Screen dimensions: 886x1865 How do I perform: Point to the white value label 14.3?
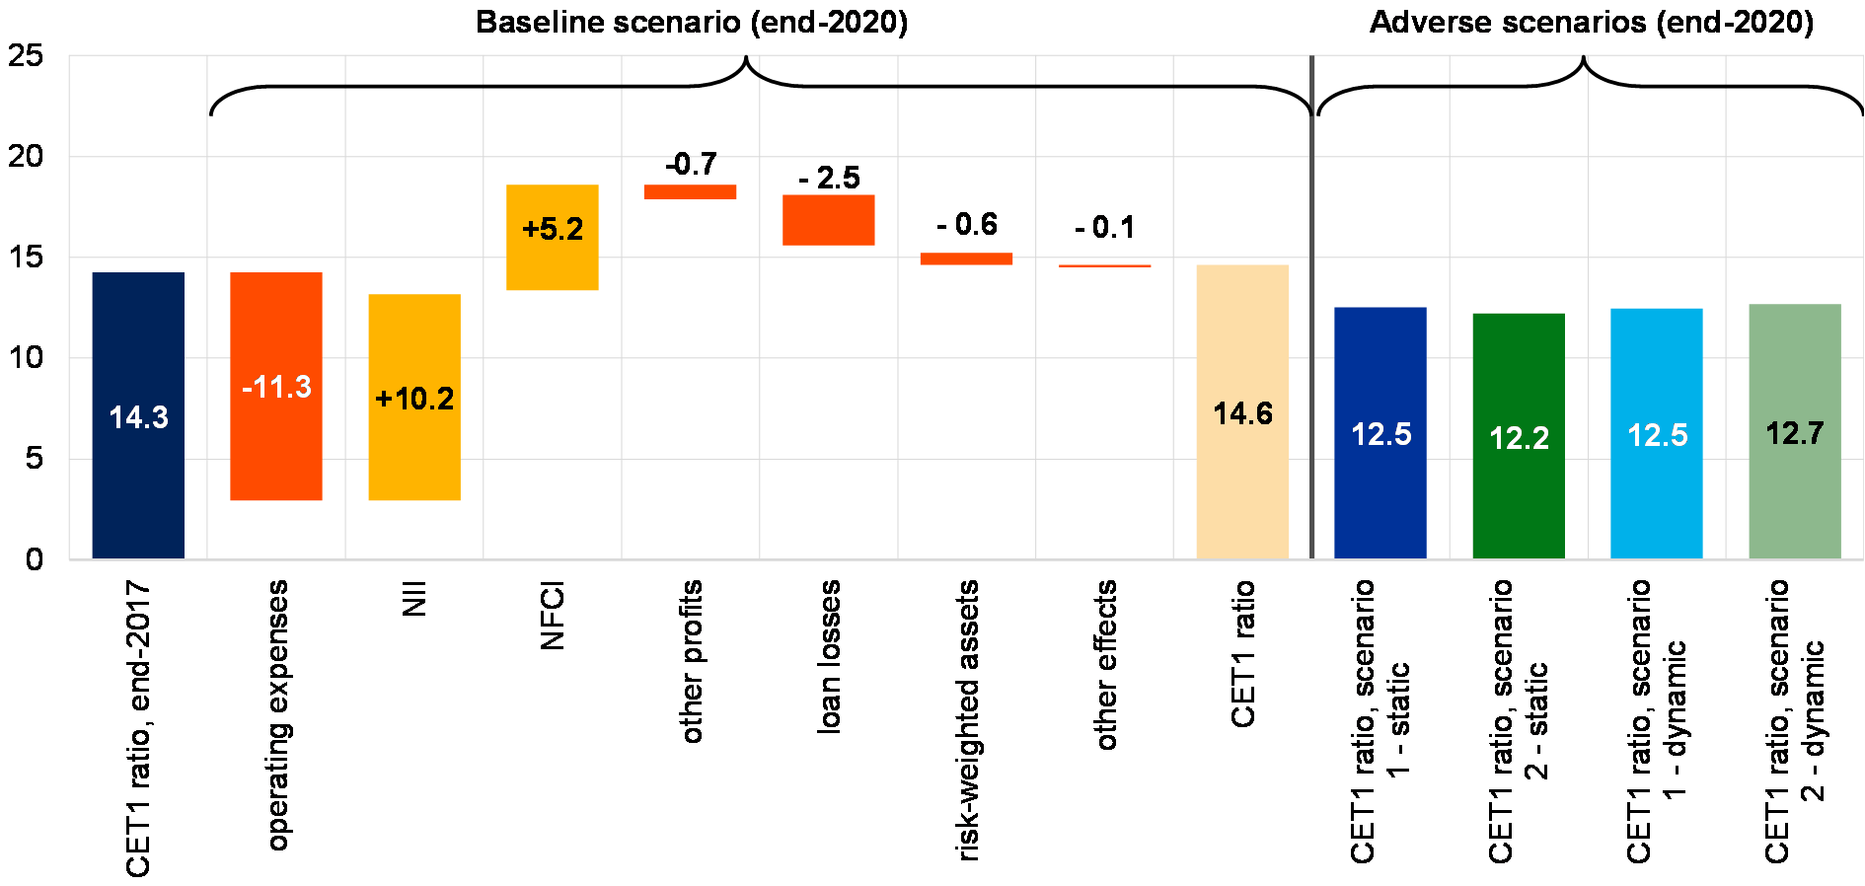pyautogui.click(x=138, y=417)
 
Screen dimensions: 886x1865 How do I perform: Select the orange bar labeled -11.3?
pyautogui.click(x=276, y=454)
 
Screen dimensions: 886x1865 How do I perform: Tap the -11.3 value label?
pyautogui.click(x=276, y=387)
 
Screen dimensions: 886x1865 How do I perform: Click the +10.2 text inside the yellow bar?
pyautogui.click(x=414, y=399)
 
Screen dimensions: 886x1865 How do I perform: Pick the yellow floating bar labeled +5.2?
pyautogui.click(x=553, y=266)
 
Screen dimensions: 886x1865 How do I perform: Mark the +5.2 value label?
pyautogui.click(x=553, y=229)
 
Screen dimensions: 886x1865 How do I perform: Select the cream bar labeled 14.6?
pyautogui.click(x=1242, y=493)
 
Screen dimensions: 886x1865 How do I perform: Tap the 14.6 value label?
pyautogui.click(x=1242, y=413)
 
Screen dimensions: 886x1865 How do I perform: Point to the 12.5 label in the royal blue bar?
pyautogui.click(x=1380, y=434)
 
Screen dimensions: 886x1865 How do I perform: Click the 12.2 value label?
pyautogui.click(x=1519, y=438)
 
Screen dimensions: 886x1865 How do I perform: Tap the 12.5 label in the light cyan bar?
pyautogui.click(x=1657, y=435)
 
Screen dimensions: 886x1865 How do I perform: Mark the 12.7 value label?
pyautogui.click(x=1795, y=433)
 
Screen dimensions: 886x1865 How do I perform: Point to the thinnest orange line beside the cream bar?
pyautogui.click(x=1105, y=265)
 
